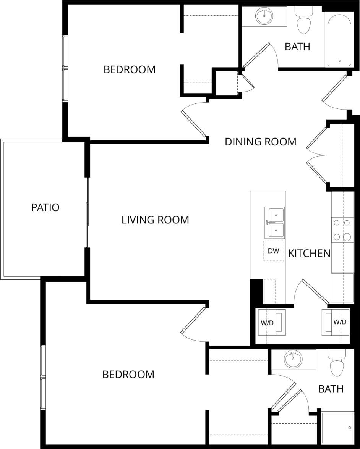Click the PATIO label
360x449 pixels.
[45, 208]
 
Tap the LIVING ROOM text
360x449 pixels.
[155, 220]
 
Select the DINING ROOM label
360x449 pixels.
[260, 142]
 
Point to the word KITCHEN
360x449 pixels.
[309, 253]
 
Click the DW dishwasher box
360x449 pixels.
[274, 251]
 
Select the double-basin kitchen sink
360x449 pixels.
[274, 223]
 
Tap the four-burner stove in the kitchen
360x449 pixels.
[342, 230]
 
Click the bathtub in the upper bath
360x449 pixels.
[339, 40]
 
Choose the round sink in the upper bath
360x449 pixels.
[264, 16]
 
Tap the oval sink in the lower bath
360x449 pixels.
[293, 359]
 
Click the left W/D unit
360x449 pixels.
[271, 323]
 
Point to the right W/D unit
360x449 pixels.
[336, 322]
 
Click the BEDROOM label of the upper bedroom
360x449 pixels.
[130, 69]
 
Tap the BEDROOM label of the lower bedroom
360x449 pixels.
[128, 375]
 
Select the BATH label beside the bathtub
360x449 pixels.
[297, 47]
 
